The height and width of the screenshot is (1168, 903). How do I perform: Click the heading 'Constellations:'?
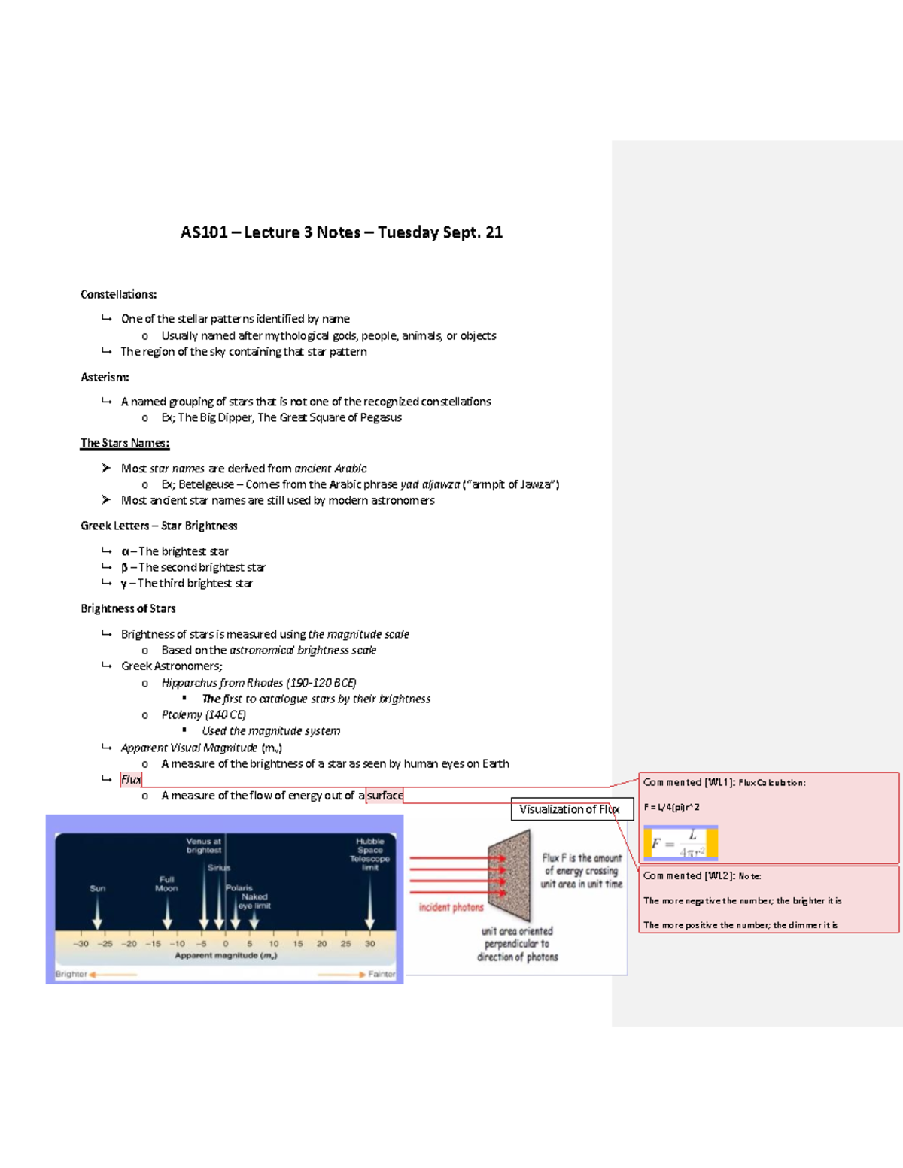pyautogui.click(x=118, y=294)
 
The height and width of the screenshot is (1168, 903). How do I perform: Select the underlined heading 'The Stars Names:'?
pyautogui.click(x=125, y=443)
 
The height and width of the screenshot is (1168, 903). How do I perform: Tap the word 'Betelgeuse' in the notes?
pyautogui.click(x=205, y=484)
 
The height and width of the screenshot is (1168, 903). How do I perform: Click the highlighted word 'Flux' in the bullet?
pyautogui.click(x=131, y=779)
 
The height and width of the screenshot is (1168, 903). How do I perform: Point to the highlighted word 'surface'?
pyautogui.click(x=385, y=795)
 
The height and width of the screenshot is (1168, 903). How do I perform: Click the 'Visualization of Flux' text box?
pyautogui.click(x=569, y=809)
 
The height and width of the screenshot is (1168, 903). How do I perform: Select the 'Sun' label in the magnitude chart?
pyautogui.click(x=97, y=888)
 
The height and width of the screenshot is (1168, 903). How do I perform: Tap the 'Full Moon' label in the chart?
pyautogui.click(x=166, y=884)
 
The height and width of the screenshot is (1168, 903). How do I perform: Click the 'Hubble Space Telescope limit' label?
pyautogui.click(x=369, y=854)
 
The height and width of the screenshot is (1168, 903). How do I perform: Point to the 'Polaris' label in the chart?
pyautogui.click(x=239, y=887)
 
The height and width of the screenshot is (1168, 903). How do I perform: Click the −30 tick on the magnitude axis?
pyautogui.click(x=81, y=943)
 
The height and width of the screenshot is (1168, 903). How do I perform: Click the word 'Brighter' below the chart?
pyautogui.click(x=71, y=974)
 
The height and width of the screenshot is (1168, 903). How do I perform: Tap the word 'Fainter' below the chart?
pyautogui.click(x=382, y=974)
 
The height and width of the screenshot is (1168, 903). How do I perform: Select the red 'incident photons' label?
pyautogui.click(x=451, y=907)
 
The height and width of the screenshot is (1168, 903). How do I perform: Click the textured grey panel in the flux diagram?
pyautogui.click(x=509, y=876)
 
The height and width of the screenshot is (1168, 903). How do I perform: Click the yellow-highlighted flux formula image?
pyautogui.click(x=680, y=843)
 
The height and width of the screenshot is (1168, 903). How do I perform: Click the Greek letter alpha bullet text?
pyautogui.click(x=175, y=551)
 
